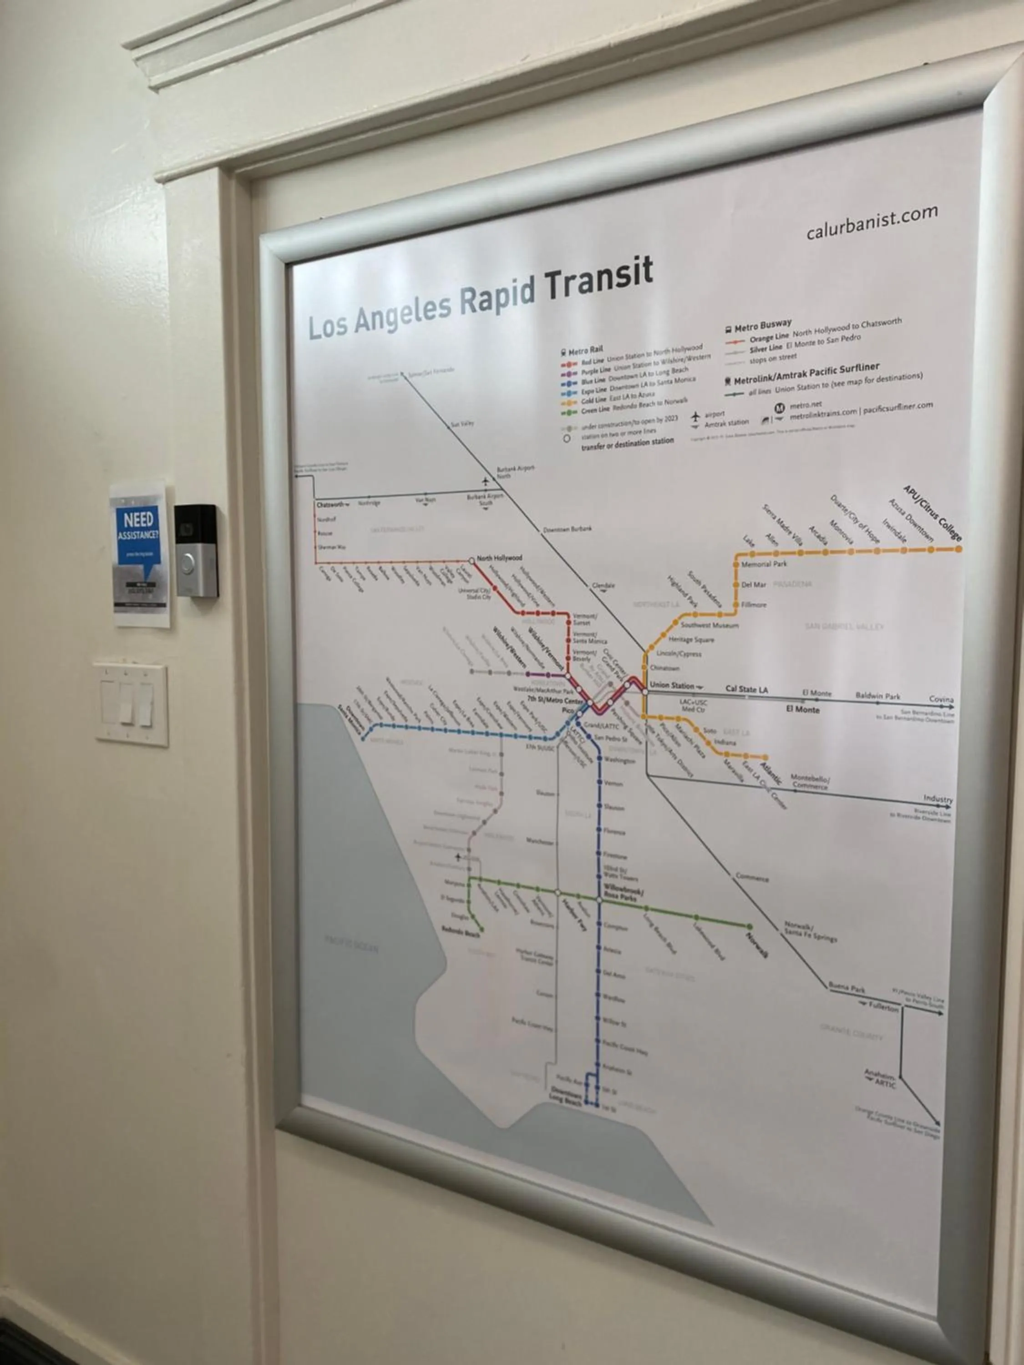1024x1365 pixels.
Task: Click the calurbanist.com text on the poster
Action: (871, 223)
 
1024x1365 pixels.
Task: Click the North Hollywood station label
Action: (499, 558)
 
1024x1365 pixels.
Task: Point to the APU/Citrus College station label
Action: (932, 513)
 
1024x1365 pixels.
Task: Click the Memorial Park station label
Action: (764, 564)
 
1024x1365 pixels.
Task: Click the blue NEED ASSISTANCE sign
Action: (139, 536)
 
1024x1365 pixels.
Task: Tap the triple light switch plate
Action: (132, 704)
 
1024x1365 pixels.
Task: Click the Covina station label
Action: (941, 699)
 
